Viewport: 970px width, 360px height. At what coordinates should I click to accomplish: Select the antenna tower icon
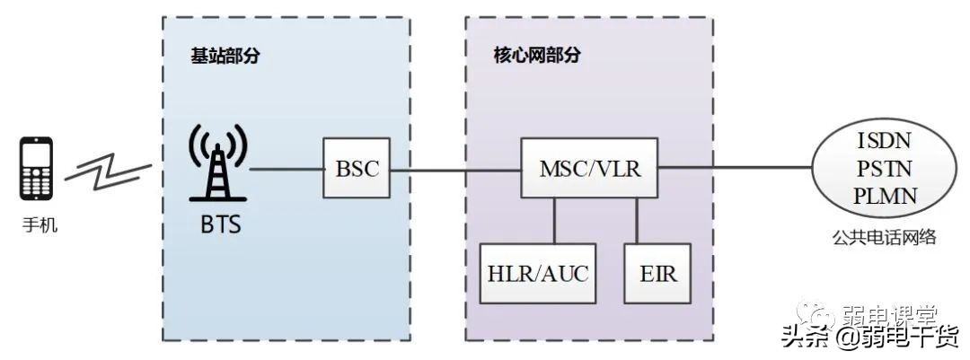[x=217, y=163]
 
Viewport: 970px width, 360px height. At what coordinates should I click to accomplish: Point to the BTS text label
[x=219, y=223]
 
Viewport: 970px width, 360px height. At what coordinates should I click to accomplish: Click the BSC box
[x=357, y=169]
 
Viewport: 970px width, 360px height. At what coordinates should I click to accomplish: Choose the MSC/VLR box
[x=590, y=169]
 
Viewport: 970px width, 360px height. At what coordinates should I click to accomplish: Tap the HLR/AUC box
[x=538, y=273]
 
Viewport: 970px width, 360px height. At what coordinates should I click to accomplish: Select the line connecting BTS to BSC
[x=287, y=169]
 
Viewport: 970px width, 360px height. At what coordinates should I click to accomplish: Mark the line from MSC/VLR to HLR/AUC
[x=554, y=220]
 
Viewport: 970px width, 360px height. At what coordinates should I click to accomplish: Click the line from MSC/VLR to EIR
[x=638, y=220]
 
